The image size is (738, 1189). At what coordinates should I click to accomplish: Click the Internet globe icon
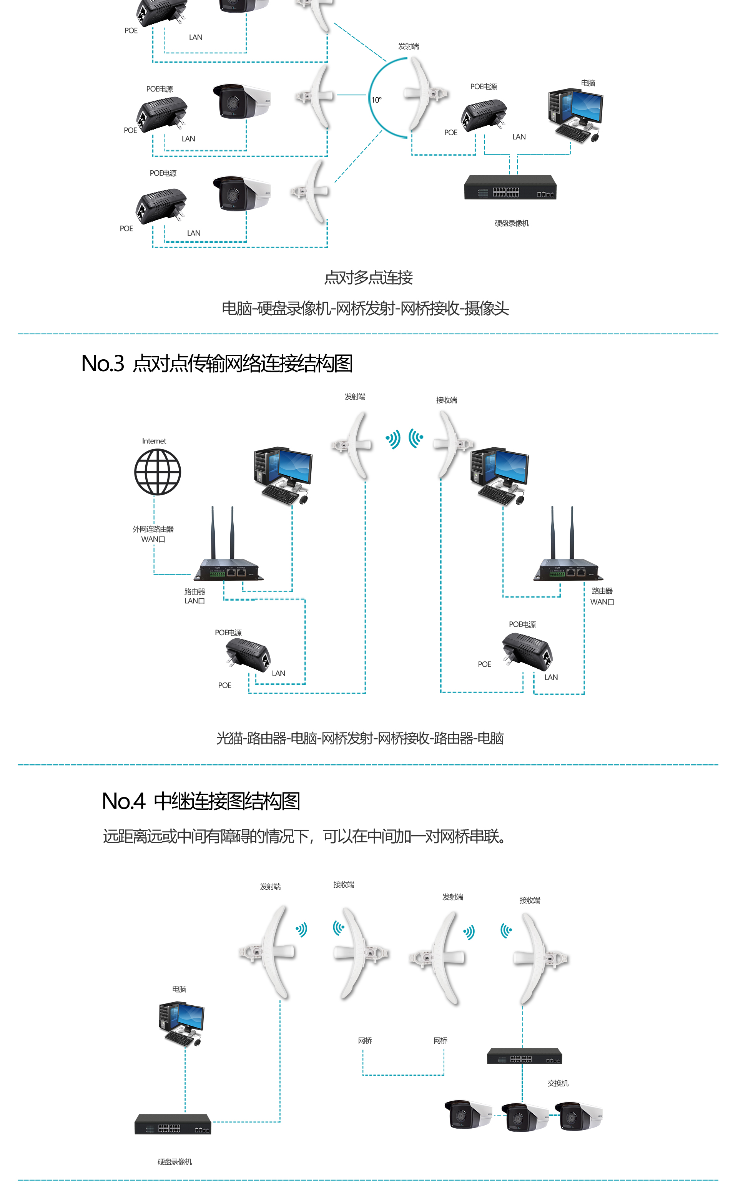(x=157, y=472)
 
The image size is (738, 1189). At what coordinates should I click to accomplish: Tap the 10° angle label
(x=376, y=100)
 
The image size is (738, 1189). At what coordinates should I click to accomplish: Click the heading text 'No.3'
(x=103, y=364)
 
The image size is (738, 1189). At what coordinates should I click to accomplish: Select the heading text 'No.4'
(x=123, y=801)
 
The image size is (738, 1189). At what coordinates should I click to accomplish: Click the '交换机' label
(x=558, y=1083)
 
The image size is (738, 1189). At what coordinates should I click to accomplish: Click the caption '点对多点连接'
(x=369, y=277)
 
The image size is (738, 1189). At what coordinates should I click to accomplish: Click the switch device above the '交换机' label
(x=524, y=1056)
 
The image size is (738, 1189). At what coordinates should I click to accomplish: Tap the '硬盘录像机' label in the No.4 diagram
(x=175, y=1162)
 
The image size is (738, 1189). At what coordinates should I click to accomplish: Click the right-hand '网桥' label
(x=440, y=1041)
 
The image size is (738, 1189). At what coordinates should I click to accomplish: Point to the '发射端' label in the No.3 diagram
(x=355, y=397)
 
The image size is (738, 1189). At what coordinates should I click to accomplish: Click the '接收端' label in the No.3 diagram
(x=446, y=400)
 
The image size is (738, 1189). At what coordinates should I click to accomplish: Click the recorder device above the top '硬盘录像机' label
(x=510, y=188)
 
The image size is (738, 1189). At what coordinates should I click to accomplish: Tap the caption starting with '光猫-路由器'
(x=360, y=738)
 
